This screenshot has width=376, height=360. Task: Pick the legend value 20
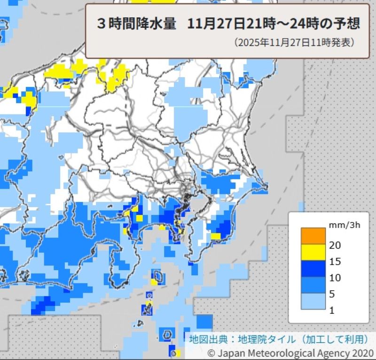pos(336,245)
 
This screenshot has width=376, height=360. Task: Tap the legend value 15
pos(336,261)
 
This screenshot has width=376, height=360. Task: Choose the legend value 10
pos(336,278)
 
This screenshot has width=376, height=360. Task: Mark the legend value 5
pos(333,294)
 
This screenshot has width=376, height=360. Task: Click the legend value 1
pos(332,310)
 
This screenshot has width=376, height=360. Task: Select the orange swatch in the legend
pos(313,236)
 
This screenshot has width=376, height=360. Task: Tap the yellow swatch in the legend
pos(313,252)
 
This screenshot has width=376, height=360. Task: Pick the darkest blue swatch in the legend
pos(313,268)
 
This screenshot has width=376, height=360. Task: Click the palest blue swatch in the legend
pos(313,301)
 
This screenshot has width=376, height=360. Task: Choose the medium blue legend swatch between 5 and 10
pos(313,285)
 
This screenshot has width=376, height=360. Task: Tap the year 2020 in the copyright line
pos(362,352)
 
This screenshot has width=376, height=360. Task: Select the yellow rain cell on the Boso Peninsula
pos(216,236)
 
